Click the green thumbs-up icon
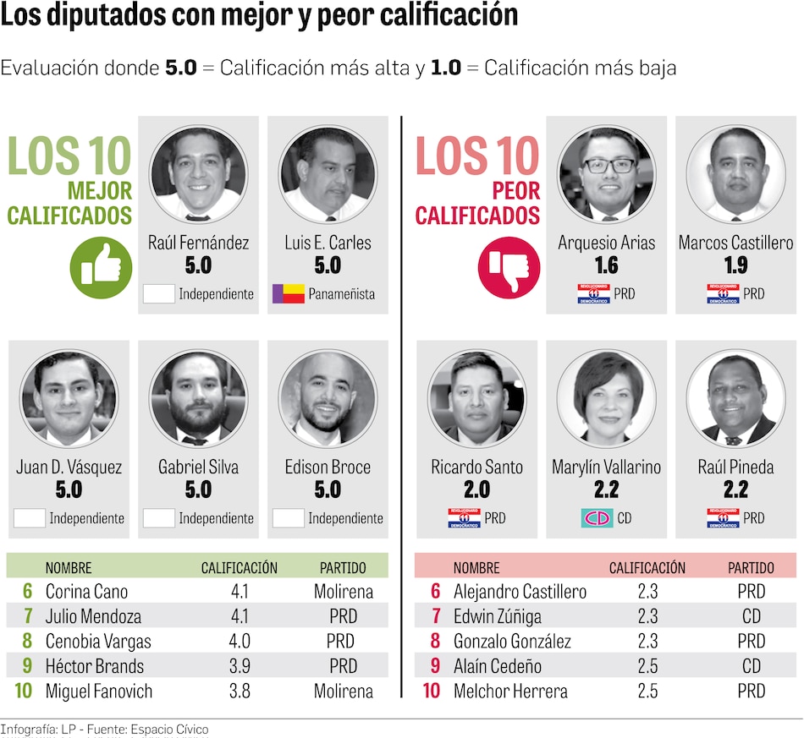101,267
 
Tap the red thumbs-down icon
508,267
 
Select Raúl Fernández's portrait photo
199,174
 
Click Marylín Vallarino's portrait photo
607,398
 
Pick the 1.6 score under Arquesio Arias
606,265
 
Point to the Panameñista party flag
288,294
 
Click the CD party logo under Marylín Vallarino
597,518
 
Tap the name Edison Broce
328,467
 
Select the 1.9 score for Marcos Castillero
735,265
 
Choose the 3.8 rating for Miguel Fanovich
240,691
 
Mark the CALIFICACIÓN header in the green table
239,568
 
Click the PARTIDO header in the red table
750,568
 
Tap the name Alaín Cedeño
498,666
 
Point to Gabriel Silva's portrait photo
199,398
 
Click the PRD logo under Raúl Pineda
723,518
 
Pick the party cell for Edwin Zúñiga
752,616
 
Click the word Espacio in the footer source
157,730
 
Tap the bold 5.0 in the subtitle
180,68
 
